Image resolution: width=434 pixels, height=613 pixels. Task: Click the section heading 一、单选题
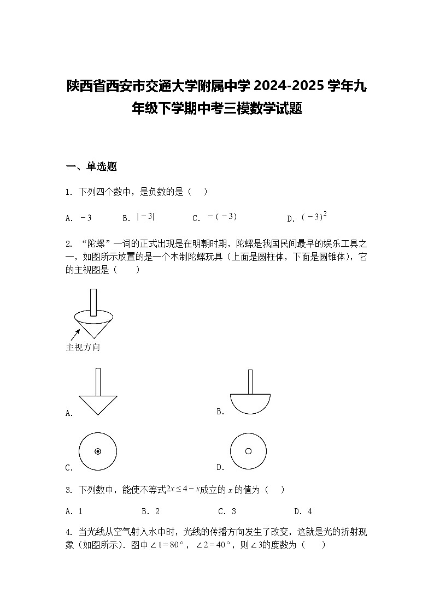pyautogui.click(x=91, y=167)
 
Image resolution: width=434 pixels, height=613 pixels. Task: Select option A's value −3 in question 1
pyautogui.click(x=86, y=218)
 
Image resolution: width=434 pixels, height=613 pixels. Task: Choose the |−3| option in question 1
pyautogui.click(x=145, y=217)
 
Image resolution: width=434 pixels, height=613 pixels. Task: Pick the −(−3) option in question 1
pyautogui.click(x=222, y=217)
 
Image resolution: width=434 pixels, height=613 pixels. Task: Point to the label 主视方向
pyautogui.click(x=83, y=348)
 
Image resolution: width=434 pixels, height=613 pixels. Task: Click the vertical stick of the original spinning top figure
pyautogui.click(x=93, y=302)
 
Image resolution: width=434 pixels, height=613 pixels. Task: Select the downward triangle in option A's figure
pyautogui.click(x=98, y=404)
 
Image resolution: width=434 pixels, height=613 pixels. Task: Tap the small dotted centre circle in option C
pyautogui.click(x=98, y=451)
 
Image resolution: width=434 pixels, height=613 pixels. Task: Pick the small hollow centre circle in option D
pyautogui.click(x=248, y=451)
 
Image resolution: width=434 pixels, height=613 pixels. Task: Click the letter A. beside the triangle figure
pyautogui.click(x=69, y=414)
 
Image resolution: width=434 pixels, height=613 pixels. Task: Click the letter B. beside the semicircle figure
pyautogui.click(x=221, y=412)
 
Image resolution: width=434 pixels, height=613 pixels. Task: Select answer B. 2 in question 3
pyautogui.click(x=150, y=511)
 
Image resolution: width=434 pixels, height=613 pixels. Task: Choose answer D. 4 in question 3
pyautogui.click(x=303, y=511)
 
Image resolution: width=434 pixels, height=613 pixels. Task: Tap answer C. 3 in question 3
pyautogui.click(x=227, y=511)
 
